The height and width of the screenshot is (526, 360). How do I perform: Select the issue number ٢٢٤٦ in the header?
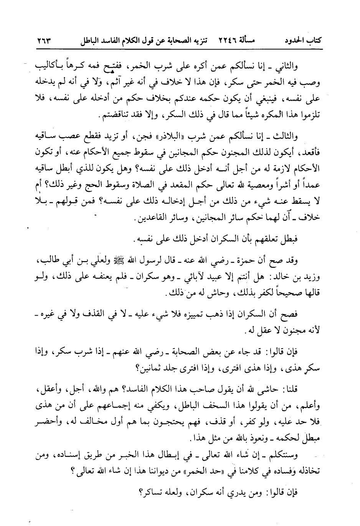pos(229,40)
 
